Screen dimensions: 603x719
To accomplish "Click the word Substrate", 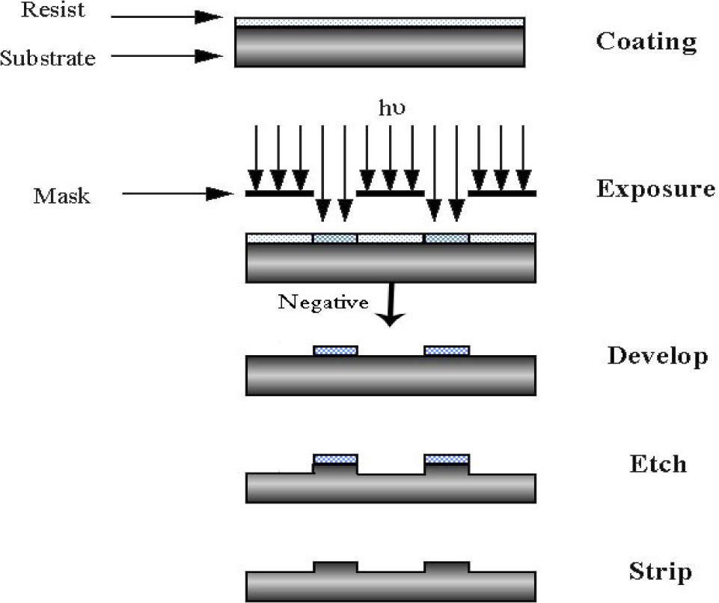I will click(x=48, y=57).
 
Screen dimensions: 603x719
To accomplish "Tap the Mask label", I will click(x=61, y=196).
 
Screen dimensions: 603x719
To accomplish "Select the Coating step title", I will click(x=646, y=41).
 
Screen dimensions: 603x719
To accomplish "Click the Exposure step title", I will click(x=655, y=189).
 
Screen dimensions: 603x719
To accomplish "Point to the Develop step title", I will click(x=657, y=355).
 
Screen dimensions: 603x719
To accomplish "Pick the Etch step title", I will click(x=657, y=464).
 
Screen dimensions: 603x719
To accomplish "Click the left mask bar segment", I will click(x=279, y=193).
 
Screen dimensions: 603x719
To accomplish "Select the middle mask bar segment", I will click(x=390, y=193).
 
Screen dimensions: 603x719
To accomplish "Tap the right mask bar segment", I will click(x=501, y=193).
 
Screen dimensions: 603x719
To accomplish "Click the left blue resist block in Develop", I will click(x=335, y=350).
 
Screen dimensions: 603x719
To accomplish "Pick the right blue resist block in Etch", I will click(x=447, y=459).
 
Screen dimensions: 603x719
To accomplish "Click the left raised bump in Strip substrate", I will click(x=335, y=567).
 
